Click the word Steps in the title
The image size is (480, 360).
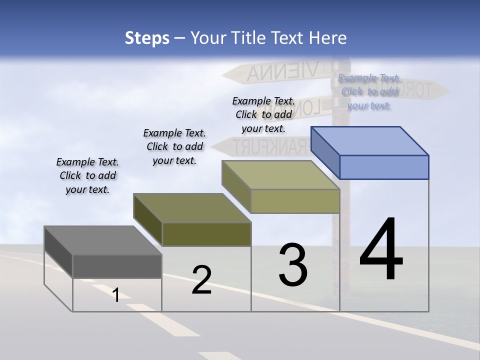[147, 38]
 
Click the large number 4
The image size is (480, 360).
[381, 250]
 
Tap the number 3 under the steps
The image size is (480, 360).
[293, 265]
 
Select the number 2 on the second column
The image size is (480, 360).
[201, 280]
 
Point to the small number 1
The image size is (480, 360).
[116, 295]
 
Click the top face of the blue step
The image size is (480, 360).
[370, 140]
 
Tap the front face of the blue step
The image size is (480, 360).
[384, 167]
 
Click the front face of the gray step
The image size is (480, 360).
[117, 266]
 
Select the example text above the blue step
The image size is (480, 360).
[369, 91]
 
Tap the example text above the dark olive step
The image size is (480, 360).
[174, 146]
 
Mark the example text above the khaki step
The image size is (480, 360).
[263, 114]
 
